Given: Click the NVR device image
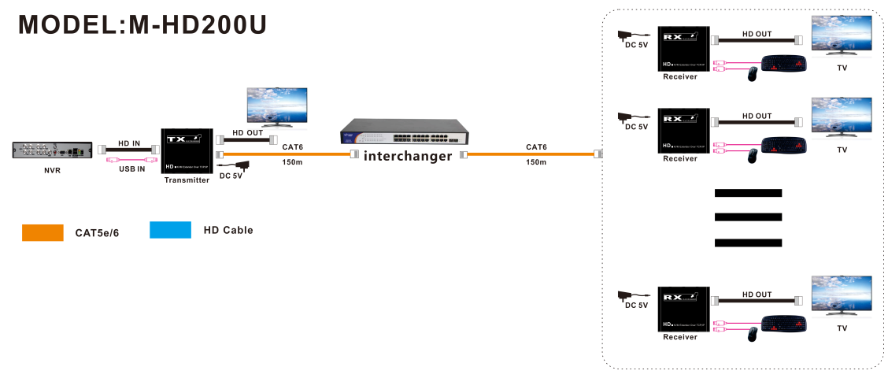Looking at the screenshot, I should click(52, 150).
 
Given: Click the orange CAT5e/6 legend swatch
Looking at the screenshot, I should click(43, 232).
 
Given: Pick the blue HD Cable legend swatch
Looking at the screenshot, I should click(170, 230).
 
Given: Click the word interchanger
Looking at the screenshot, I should click(408, 156).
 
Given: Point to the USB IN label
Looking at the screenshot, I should click(131, 169).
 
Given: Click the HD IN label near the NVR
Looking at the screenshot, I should click(129, 143).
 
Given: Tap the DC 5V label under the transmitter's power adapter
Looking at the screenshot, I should click(231, 176).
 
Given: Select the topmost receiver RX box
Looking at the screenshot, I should click(684, 49).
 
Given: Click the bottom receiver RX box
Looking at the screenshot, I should click(684, 309).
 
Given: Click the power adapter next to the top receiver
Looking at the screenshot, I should click(630, 36).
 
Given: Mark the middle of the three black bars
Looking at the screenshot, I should click(748, 217).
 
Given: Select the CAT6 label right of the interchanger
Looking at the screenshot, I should click(536, 147).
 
